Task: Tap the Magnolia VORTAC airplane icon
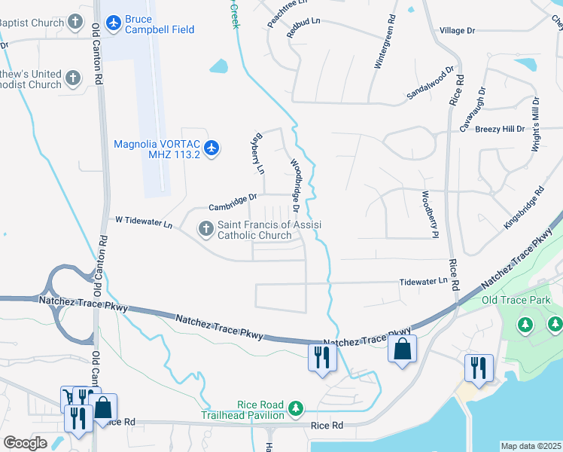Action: click(x=212, y=147)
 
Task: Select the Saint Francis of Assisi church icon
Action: click(x=205, y=228)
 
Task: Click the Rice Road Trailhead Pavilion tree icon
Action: click(x=297, y=408)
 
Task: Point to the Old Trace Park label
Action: click(x=516, y=301)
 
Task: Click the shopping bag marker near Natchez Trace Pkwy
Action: click(x=403, y=350)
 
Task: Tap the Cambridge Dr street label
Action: click(x=233, y=200)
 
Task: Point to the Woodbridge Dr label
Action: click(x=296, y=185)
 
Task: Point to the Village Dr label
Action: click(x=457, y=30)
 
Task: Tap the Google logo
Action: click(x=25, y=443)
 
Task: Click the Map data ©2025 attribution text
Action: click(x=531, y=446)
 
